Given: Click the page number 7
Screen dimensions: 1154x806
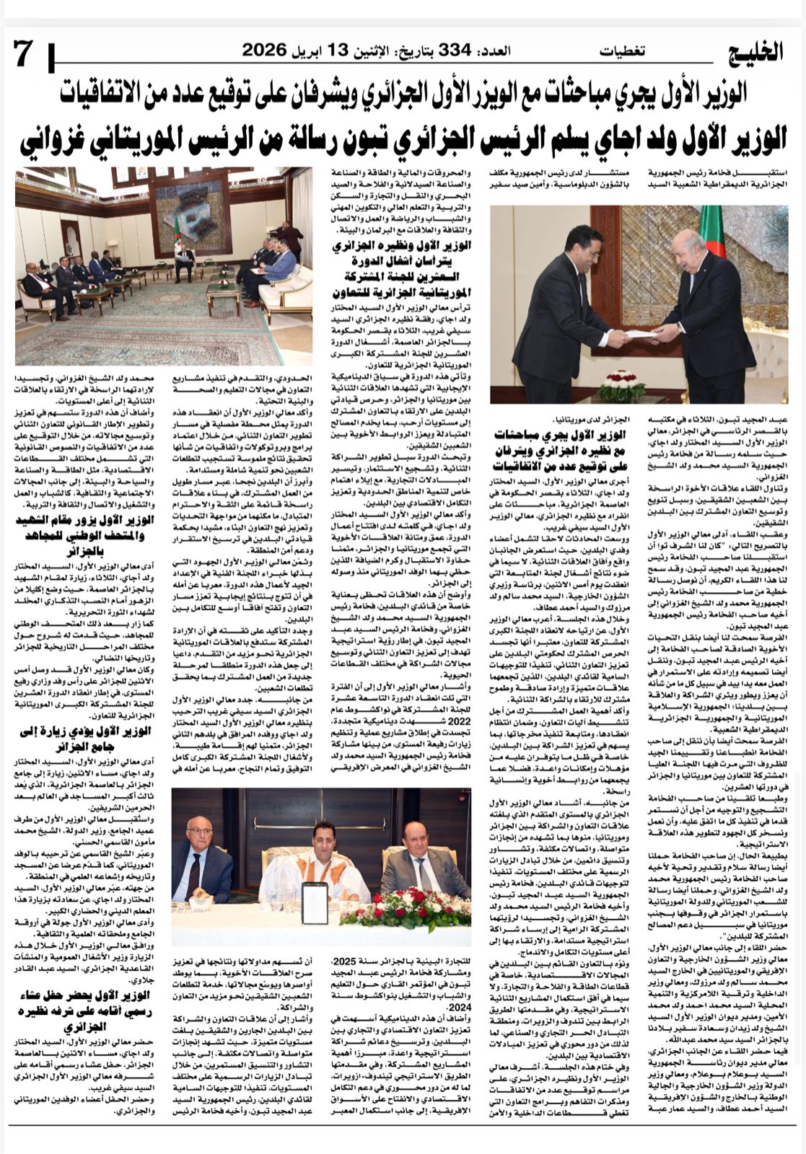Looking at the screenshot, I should pos(23,53).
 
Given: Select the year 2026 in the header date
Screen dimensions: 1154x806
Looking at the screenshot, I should pos(263,50).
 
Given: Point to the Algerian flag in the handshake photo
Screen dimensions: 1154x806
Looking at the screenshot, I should pos(711,231).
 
